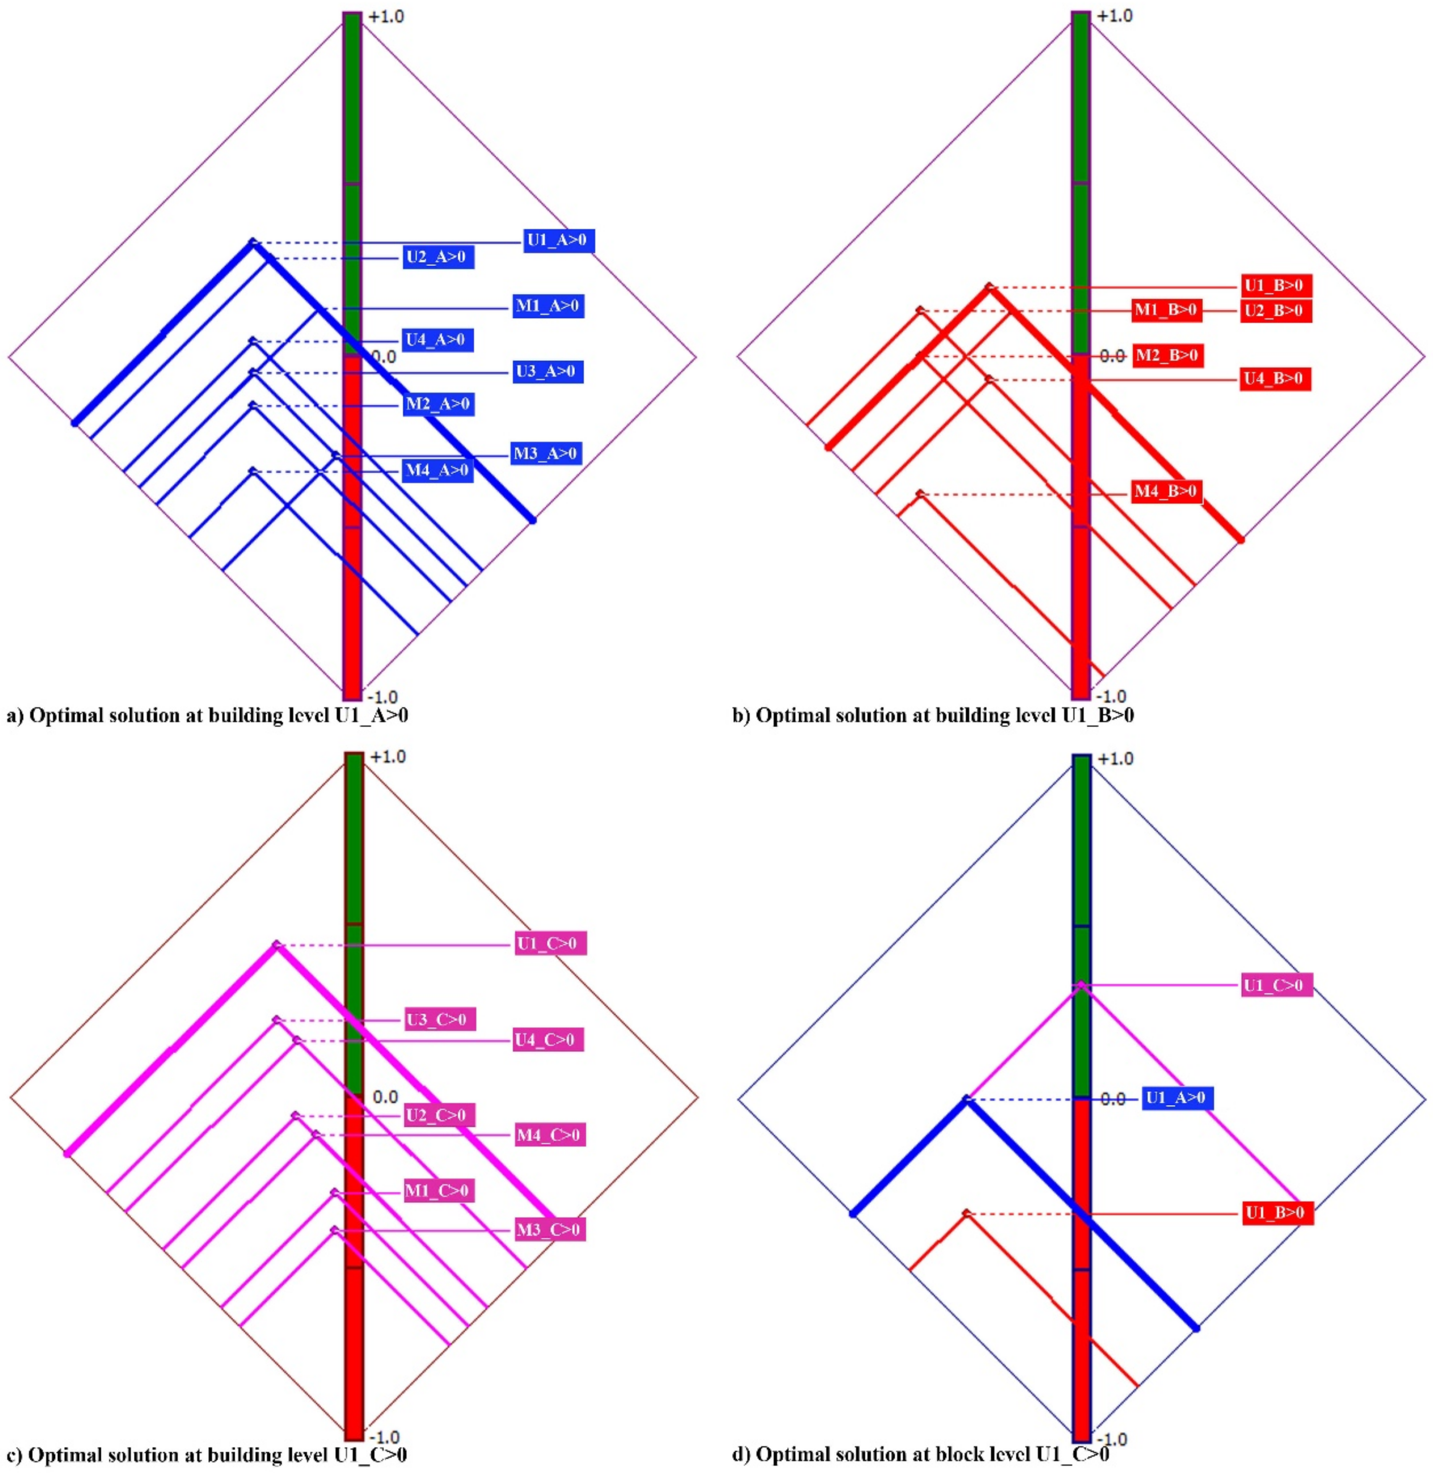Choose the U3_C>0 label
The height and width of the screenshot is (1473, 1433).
point(437,1020)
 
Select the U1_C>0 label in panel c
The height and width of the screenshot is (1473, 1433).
point(550,944)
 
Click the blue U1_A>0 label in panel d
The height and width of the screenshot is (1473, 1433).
point(1177,1098)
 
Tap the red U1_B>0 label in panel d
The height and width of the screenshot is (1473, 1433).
point(1277,1213)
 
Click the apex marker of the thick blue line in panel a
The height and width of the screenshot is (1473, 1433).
point(253,242)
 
